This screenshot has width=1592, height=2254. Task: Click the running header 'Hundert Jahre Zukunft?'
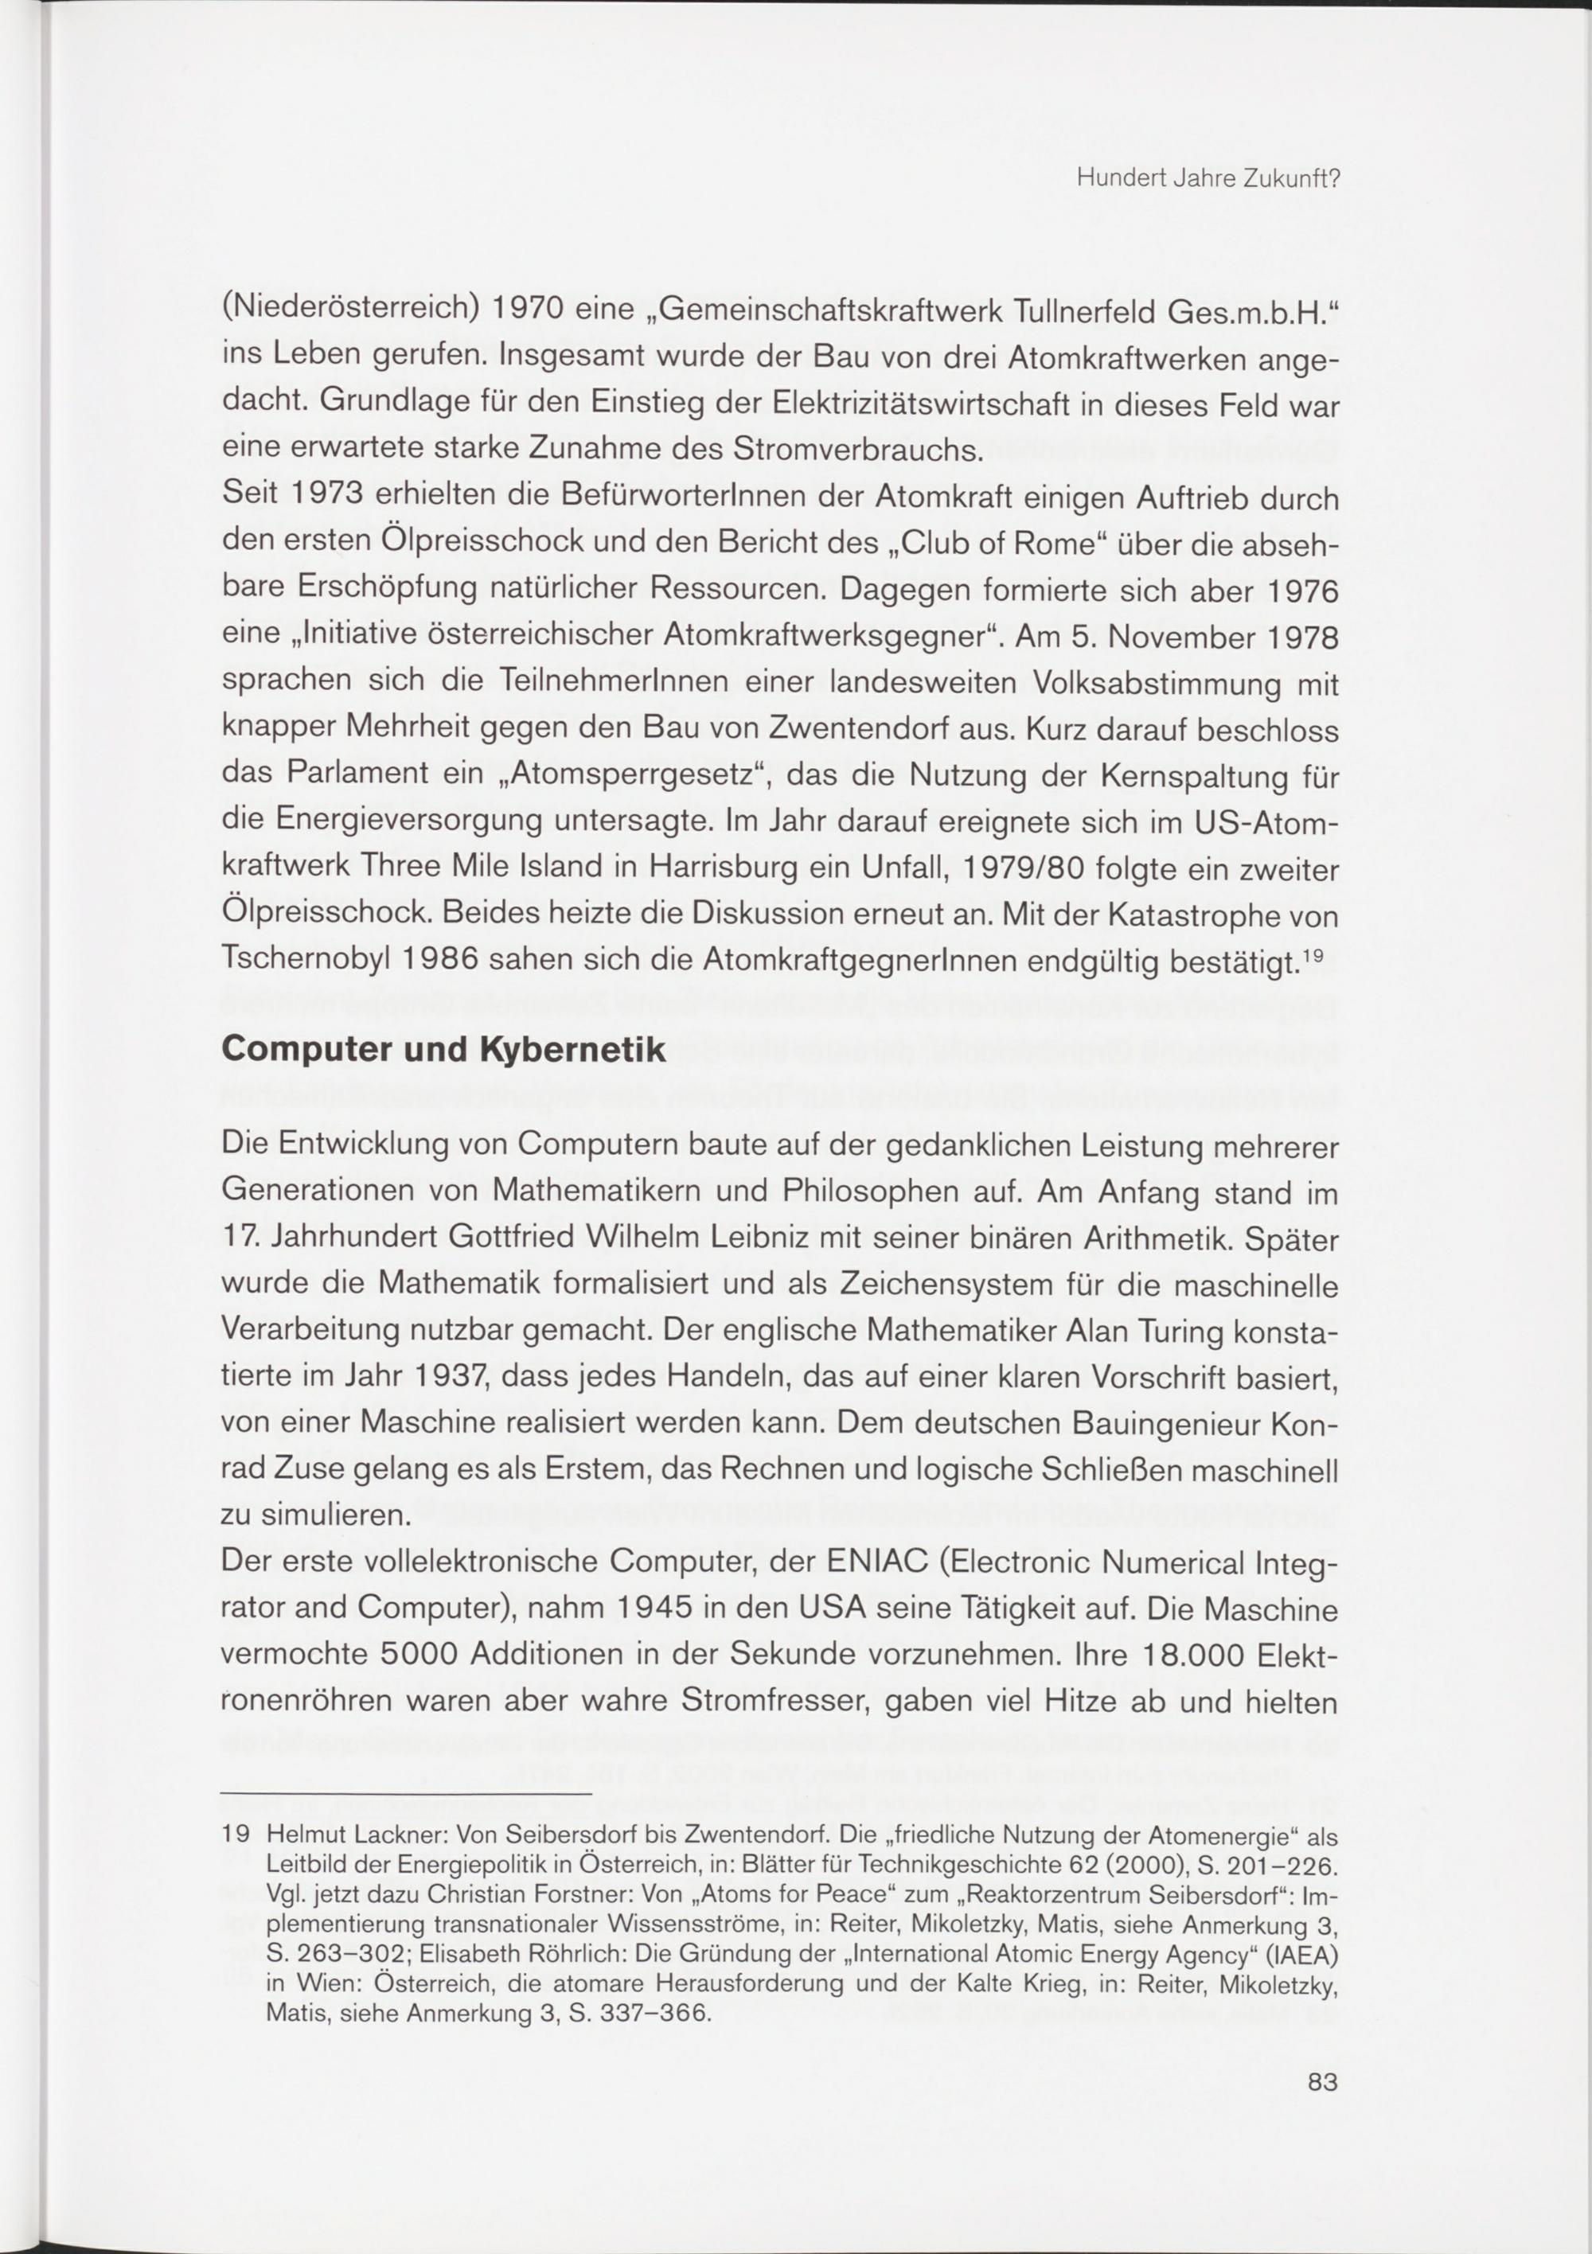[1208, 180]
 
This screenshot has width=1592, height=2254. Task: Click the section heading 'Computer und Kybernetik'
[444, 1050]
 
